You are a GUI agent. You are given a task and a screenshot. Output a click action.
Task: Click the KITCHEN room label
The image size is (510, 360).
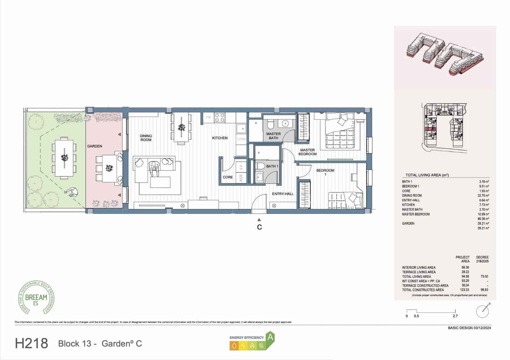tap(220, 138)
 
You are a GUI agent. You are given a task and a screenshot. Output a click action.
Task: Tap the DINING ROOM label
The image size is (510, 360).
tap(146, 138)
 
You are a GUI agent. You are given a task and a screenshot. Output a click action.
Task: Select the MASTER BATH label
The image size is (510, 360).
tap(273, 136)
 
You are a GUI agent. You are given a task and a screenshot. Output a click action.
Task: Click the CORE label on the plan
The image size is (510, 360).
tap(228, 177)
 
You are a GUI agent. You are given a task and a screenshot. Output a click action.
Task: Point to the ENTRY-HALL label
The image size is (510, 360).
tap(283, 194)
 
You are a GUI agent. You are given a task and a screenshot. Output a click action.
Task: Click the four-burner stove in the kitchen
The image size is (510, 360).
tap(219, 118)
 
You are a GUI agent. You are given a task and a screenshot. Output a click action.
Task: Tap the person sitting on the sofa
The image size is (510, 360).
tap(154, 169)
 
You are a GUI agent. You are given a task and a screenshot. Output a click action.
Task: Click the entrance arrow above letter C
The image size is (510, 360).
tap(259, 220)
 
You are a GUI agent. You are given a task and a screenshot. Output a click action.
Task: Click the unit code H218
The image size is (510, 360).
tap(32, 343)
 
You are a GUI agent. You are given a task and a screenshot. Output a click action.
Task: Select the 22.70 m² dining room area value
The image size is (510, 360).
tap(484, 196)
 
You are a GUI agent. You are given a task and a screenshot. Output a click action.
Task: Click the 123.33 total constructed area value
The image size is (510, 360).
tap(465, 290)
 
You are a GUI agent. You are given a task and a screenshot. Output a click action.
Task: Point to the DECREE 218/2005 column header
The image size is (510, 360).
tap(482, 259)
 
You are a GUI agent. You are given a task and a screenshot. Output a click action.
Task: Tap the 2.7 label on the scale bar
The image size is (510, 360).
tap(455, 316)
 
